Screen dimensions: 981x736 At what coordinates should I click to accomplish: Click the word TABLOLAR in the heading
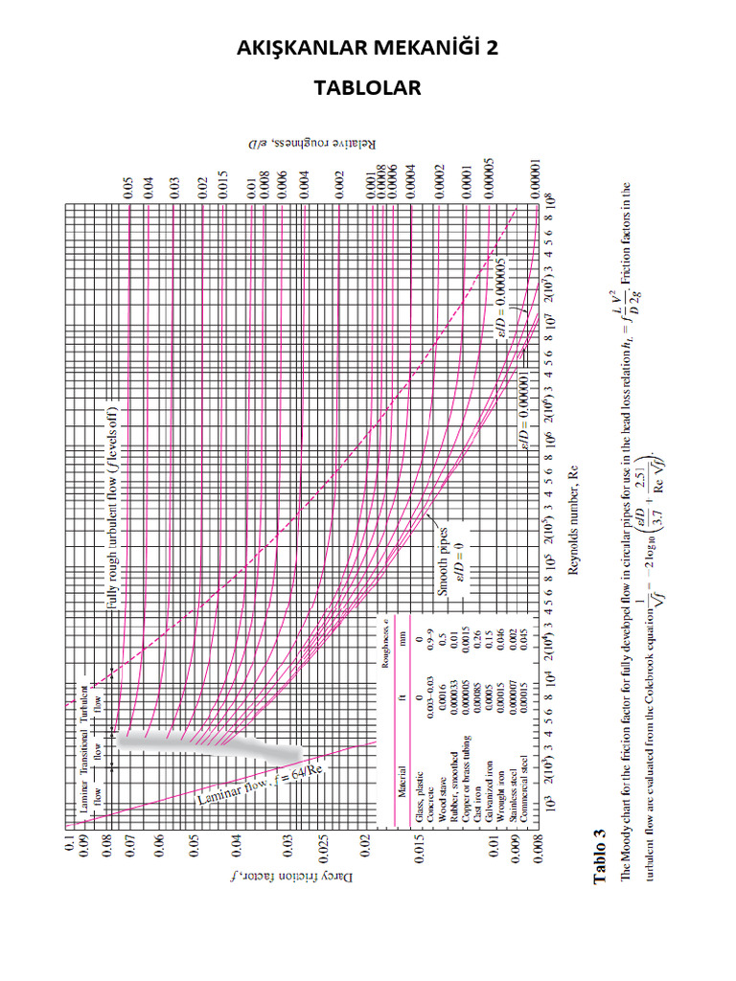click(x=368, y=88)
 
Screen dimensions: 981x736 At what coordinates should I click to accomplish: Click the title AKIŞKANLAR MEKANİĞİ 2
click(x=368, y=49)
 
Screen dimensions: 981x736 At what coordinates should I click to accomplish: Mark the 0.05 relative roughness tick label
click(x=126, y=188)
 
